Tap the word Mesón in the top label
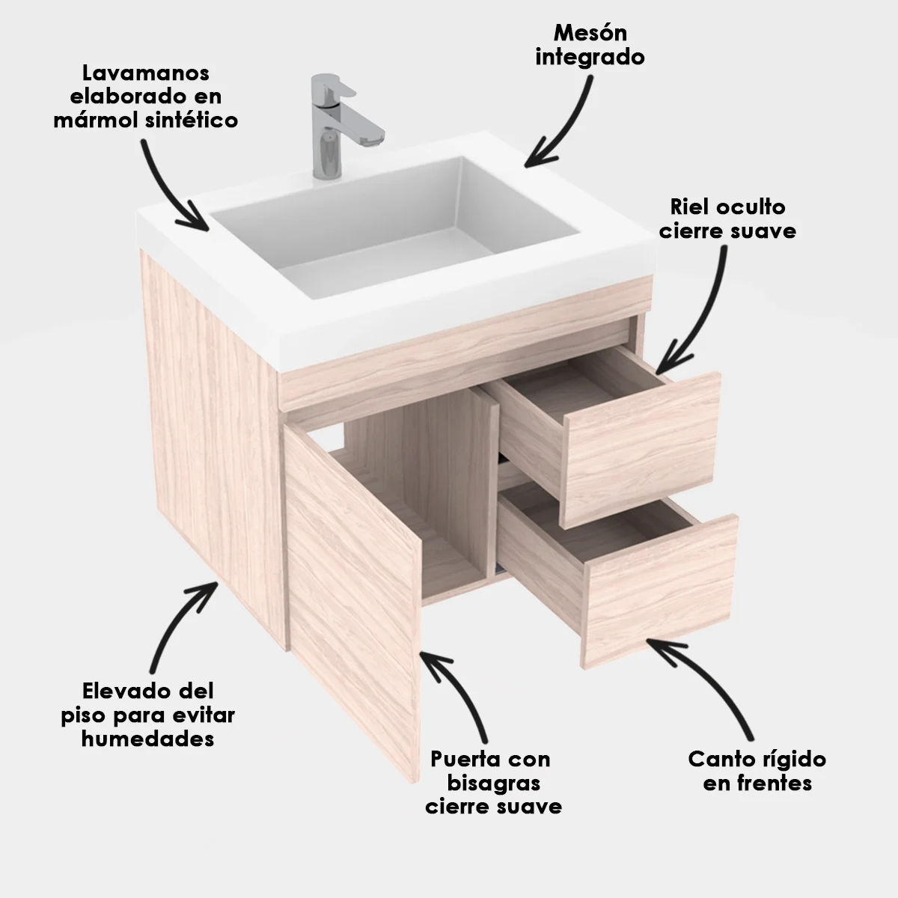pyautogui.click(x=590, y=33)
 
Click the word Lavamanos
pyautogui.click(x=145, y=73)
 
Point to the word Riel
pyautogui.click(x=690, y=207)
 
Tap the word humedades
pyautogui.click(x=147, y=739)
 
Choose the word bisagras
pyautogui.click(x=493, y=784)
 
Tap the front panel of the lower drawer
pyautogui.click(x=659, y=591)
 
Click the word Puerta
pyautogui.click(x=459, y=760)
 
